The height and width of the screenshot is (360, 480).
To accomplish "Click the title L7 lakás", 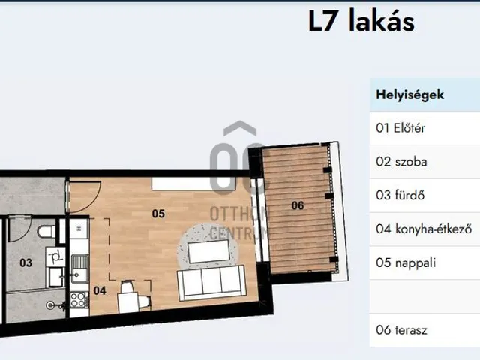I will (361, 21).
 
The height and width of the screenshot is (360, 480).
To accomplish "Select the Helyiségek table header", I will (409, 95).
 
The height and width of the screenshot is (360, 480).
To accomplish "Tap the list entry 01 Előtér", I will (400, 128).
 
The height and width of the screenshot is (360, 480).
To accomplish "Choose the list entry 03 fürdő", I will (400, 196).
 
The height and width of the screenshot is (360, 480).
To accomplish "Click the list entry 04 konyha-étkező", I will (423, 229).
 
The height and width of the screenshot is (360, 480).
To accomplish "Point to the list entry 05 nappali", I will (406, 263).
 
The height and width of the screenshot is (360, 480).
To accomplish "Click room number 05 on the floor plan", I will (157, 214).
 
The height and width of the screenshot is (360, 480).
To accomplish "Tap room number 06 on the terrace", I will (297, 205).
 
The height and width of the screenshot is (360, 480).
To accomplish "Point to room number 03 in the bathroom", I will (25, 262).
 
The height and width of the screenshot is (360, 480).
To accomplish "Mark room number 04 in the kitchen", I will (100, 289).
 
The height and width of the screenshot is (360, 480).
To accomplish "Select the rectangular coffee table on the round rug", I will (209, 252).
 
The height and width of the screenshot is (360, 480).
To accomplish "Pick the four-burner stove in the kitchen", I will (77, 301).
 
